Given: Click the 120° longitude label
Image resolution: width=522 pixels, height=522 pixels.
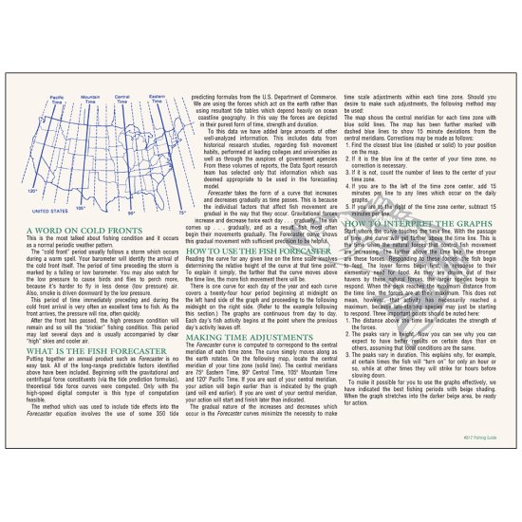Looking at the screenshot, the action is (33, 216).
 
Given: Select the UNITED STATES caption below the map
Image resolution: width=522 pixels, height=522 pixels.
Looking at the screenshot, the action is (49, 236).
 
